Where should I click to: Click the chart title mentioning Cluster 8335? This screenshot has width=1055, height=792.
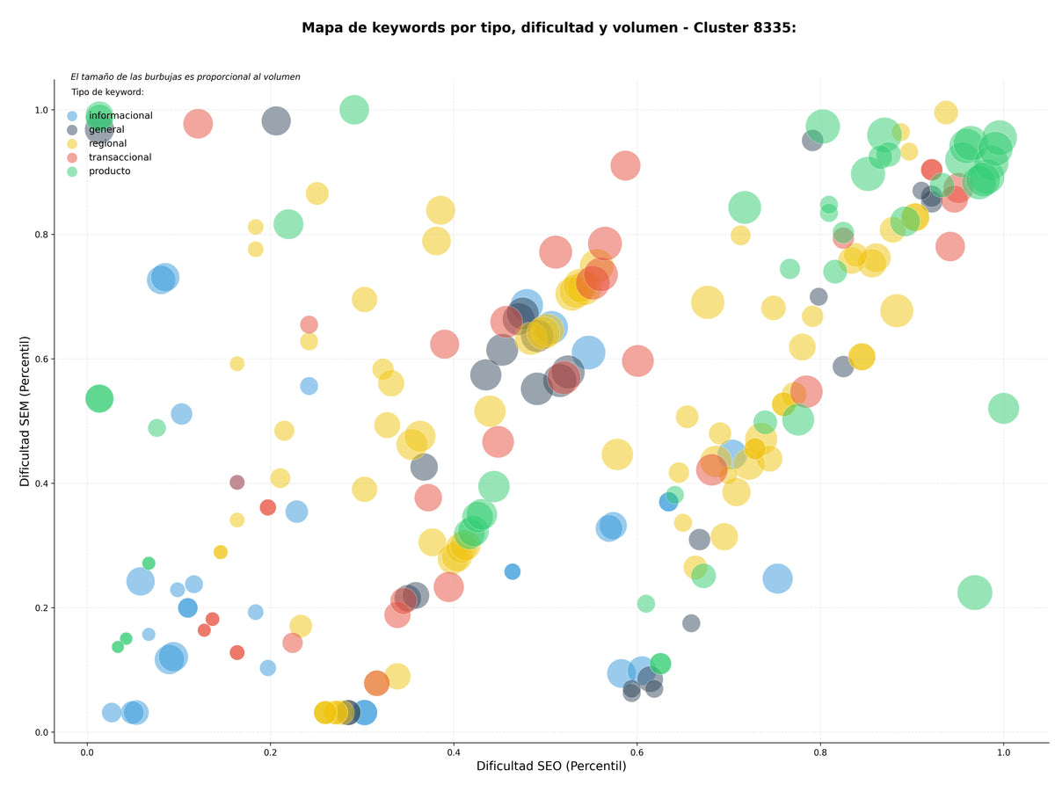tap(549, 28)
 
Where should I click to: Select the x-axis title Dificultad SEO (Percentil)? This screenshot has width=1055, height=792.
tap(551, 766)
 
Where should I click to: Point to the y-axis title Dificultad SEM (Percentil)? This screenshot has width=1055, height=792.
tap(25, 411)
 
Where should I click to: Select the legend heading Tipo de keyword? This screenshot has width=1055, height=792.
tap(107, 91)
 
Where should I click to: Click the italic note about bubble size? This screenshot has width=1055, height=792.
tap(185, 76)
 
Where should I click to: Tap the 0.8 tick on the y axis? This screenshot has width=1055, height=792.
tap(41, 235)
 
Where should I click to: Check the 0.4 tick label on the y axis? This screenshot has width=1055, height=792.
tap(41, 483)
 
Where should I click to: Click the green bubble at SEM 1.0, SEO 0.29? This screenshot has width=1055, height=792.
tap(354, 110)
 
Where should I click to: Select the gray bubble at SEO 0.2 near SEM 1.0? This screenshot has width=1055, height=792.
tap(276, 121)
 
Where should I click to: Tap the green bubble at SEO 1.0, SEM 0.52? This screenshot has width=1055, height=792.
tap(1004, 409)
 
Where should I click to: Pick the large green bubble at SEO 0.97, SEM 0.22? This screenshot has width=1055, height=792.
tap(975, 592)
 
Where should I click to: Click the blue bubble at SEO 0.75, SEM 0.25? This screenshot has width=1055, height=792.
tap(777, 578)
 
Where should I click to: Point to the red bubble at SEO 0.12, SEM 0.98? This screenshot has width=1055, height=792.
tap(198, 124)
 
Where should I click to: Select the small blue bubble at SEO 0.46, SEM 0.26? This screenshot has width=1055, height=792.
tap(513, 572)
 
